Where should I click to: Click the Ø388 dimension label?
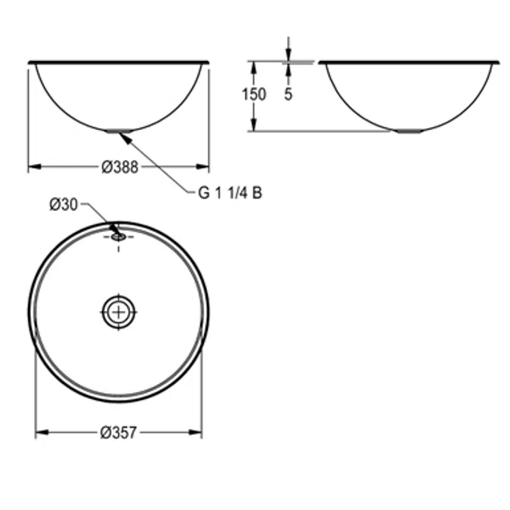tap(120, 168)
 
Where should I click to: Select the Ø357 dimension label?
tap(119, 433)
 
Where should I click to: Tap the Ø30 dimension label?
tap(63, 204)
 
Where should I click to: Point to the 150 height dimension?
tap(255, 94)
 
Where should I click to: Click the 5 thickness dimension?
tap(289, 94)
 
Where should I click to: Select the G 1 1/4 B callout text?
tap(230, 193)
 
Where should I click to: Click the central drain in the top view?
tap(119, 311)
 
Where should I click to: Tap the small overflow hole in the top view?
tap(118, 236)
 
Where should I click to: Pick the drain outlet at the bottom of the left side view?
tap(119, 131)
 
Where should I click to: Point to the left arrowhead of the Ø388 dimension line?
tap(32, 168)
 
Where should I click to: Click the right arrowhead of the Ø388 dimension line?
tap(205, 168)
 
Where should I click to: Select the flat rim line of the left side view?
tap(119, 62)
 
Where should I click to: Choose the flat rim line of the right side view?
tap(409, 61)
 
